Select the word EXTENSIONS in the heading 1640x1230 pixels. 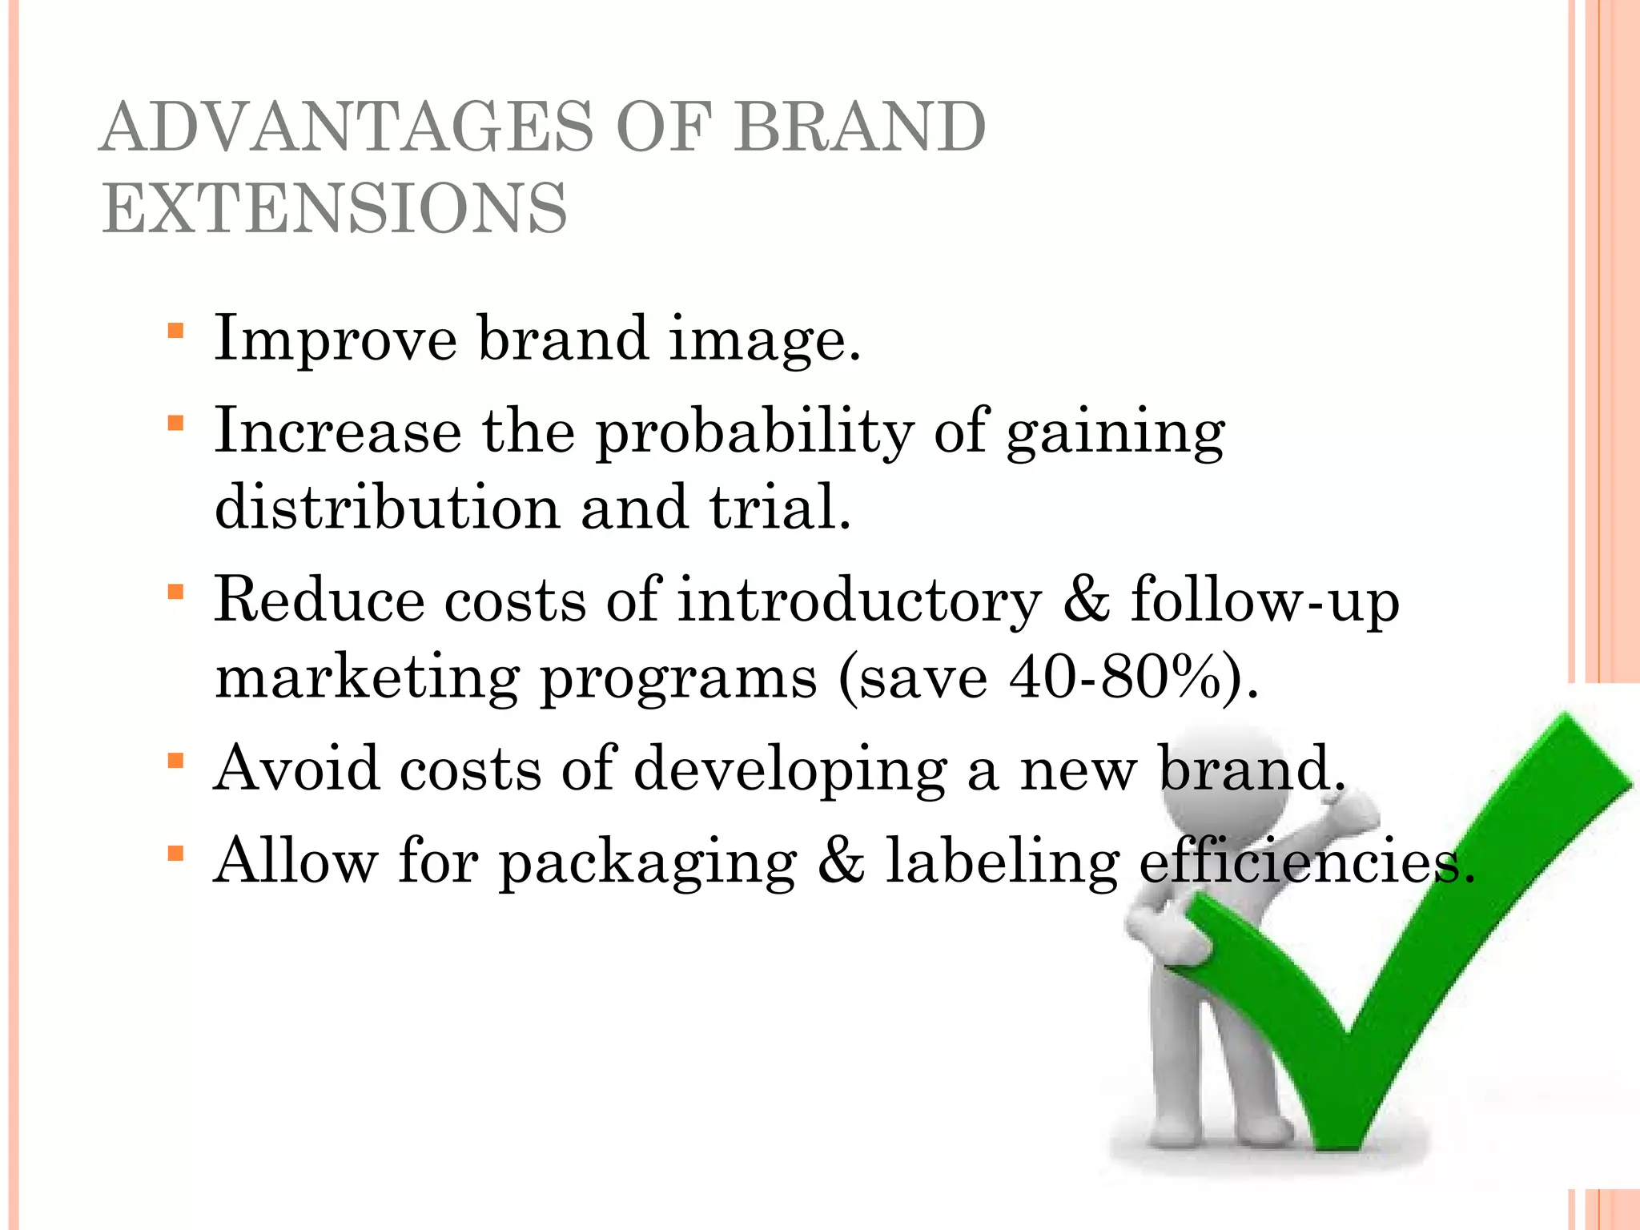[335, 208]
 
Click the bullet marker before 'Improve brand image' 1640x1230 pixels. [176, 331]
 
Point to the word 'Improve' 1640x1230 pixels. [336, 340]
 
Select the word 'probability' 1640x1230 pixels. [754, 432]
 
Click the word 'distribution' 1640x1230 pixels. [388, 508]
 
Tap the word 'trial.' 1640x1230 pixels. [780, 508]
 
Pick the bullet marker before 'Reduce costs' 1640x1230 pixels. [176, 593]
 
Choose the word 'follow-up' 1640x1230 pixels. [1264, 601]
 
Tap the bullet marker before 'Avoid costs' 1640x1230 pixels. [176, 761]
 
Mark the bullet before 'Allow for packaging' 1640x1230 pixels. [176, 854]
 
